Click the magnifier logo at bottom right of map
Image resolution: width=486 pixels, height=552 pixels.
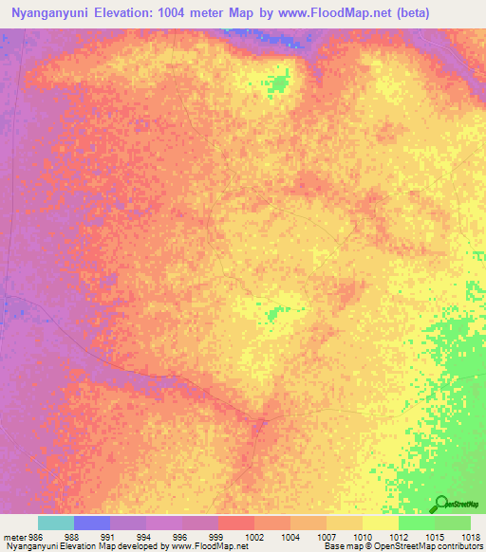pyautogui.click(x=441, y=503)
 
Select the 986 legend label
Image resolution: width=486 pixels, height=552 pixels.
pyautogui.click(x=37, y=536)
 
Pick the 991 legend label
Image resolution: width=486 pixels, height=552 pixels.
pyautogui.click(x=109, y=536)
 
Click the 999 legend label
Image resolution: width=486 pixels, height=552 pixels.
pyautogui.click(x=217, y=536)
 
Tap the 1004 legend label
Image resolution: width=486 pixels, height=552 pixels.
pyautogui.click(x=290, y=536)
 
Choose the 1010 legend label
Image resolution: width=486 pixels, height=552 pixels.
pyautogui.click(x=362, y=536)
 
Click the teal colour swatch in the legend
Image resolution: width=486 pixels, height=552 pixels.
pyautogui.click(x=55, y=523)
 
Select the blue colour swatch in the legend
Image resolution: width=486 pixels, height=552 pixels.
pyautogui.click(x=91, y=523)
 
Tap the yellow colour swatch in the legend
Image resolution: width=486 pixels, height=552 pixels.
pyautogui.click(x=380, y=523)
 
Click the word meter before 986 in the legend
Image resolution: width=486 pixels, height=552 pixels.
pyautogui.click(x=14, y=536)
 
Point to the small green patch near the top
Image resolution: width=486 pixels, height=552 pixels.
pyautogui.click(x=277, y=85)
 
